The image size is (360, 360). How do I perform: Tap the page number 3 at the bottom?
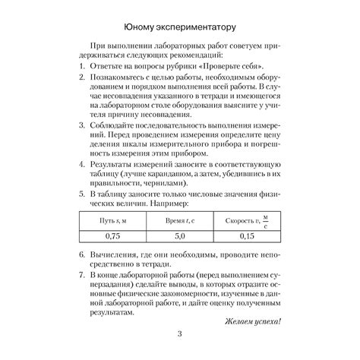pyautogui.click(x=179, y=335)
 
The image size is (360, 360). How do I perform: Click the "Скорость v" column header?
pyautogui.click(x=243, y=219)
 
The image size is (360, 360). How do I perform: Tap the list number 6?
pyautogui.click(x=81, y=254)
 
